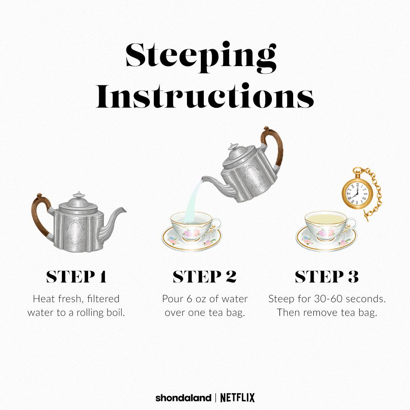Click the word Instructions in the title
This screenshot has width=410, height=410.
tap(205, 95)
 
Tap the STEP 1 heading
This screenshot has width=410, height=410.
tap(76, 277)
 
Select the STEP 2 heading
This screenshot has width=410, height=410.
tap(205, 277)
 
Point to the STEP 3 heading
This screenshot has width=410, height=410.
tap(327, 277)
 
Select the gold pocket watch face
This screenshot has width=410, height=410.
tap(355, 194)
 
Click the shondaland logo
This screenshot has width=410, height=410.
tap(183, 398)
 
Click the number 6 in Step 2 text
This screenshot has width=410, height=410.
tap(189, 299)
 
